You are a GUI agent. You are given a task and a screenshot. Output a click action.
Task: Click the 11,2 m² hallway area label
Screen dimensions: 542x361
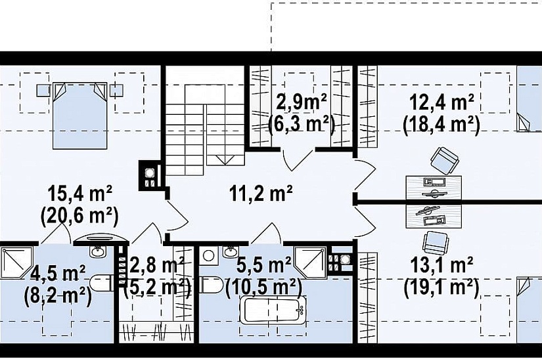pos(261,194)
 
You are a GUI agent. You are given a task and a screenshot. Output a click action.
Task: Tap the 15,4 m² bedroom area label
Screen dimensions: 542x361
pos(79,194)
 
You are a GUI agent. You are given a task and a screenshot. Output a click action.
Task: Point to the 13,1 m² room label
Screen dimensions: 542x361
pos(441,266)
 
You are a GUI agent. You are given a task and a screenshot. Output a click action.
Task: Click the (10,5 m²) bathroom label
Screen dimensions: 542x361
pos(263,286)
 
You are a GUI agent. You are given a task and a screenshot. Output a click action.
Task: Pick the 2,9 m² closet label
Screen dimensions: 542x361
pos(302,102)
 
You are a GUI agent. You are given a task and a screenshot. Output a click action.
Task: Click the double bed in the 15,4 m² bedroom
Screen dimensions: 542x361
pos(79,116)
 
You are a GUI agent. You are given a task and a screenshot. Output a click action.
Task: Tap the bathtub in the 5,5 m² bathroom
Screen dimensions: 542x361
pos(273,310)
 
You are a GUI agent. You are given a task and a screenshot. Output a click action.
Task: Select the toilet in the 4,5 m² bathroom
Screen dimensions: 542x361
pos(101,284)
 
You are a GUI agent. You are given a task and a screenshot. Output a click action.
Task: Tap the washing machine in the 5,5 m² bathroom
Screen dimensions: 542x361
pos(208,256)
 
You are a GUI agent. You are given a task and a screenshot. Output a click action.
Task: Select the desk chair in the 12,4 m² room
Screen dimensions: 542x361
pos(444,161)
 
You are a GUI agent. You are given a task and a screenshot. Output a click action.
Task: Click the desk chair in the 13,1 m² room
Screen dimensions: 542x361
pos(435,242)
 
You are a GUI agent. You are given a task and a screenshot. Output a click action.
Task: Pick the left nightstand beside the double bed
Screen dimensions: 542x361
pos(43,91)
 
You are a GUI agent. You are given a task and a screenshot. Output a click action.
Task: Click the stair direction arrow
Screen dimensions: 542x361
pos(225,159)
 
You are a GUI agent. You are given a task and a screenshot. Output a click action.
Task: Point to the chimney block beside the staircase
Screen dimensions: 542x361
pos(150,176)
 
